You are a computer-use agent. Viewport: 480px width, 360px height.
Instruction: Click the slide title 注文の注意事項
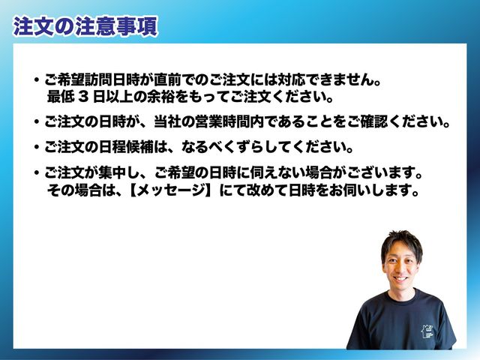pyautogui.click(x=85, y=27)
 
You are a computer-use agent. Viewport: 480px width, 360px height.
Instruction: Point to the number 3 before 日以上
pyautogui.click(x=83, y=97)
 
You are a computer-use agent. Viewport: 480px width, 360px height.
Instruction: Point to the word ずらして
pyautogui.click(x=262, y=148)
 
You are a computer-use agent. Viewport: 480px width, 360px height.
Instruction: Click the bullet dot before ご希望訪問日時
pyautogui.click(x=37, y=80)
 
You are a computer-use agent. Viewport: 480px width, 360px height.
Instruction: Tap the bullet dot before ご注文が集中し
pyautogui.click(x=37, y=173)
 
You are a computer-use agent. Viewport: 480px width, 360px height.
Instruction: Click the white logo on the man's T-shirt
pyautogui.click(x=427, y=331)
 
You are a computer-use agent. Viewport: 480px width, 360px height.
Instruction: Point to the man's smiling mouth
pyautogui.click(x=400, y=279)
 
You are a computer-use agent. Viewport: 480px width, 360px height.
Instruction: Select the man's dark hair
pyautogui.click(x=402, y=243)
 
